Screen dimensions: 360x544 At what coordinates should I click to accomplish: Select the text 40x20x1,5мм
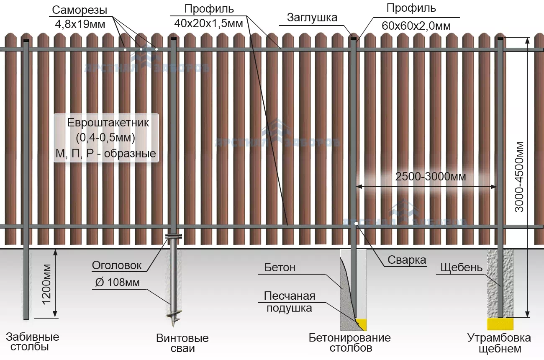pos(208,23)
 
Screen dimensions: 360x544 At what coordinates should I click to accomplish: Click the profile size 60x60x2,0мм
pos(416,26)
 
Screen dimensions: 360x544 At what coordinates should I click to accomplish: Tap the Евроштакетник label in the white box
pos(108,123)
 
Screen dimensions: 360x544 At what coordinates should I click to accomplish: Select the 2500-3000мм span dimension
pos(430,177)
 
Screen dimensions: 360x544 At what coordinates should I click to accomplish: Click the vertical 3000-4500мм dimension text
pos(519,177)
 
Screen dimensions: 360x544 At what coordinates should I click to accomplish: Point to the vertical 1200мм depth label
pos(46,284)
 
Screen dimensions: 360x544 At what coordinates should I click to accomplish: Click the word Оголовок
pos(117,265)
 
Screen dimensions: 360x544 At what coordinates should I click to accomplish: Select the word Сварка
pos(406,260)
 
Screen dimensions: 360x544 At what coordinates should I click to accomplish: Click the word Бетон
pos(280,267)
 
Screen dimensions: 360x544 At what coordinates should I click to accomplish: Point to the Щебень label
pos(462,267)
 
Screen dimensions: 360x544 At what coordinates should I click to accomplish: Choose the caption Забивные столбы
pos(32,342)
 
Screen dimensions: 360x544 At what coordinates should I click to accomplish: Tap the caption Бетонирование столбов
pos(350,342)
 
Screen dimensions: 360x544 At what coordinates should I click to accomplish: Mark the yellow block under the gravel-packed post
pos(500,324)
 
